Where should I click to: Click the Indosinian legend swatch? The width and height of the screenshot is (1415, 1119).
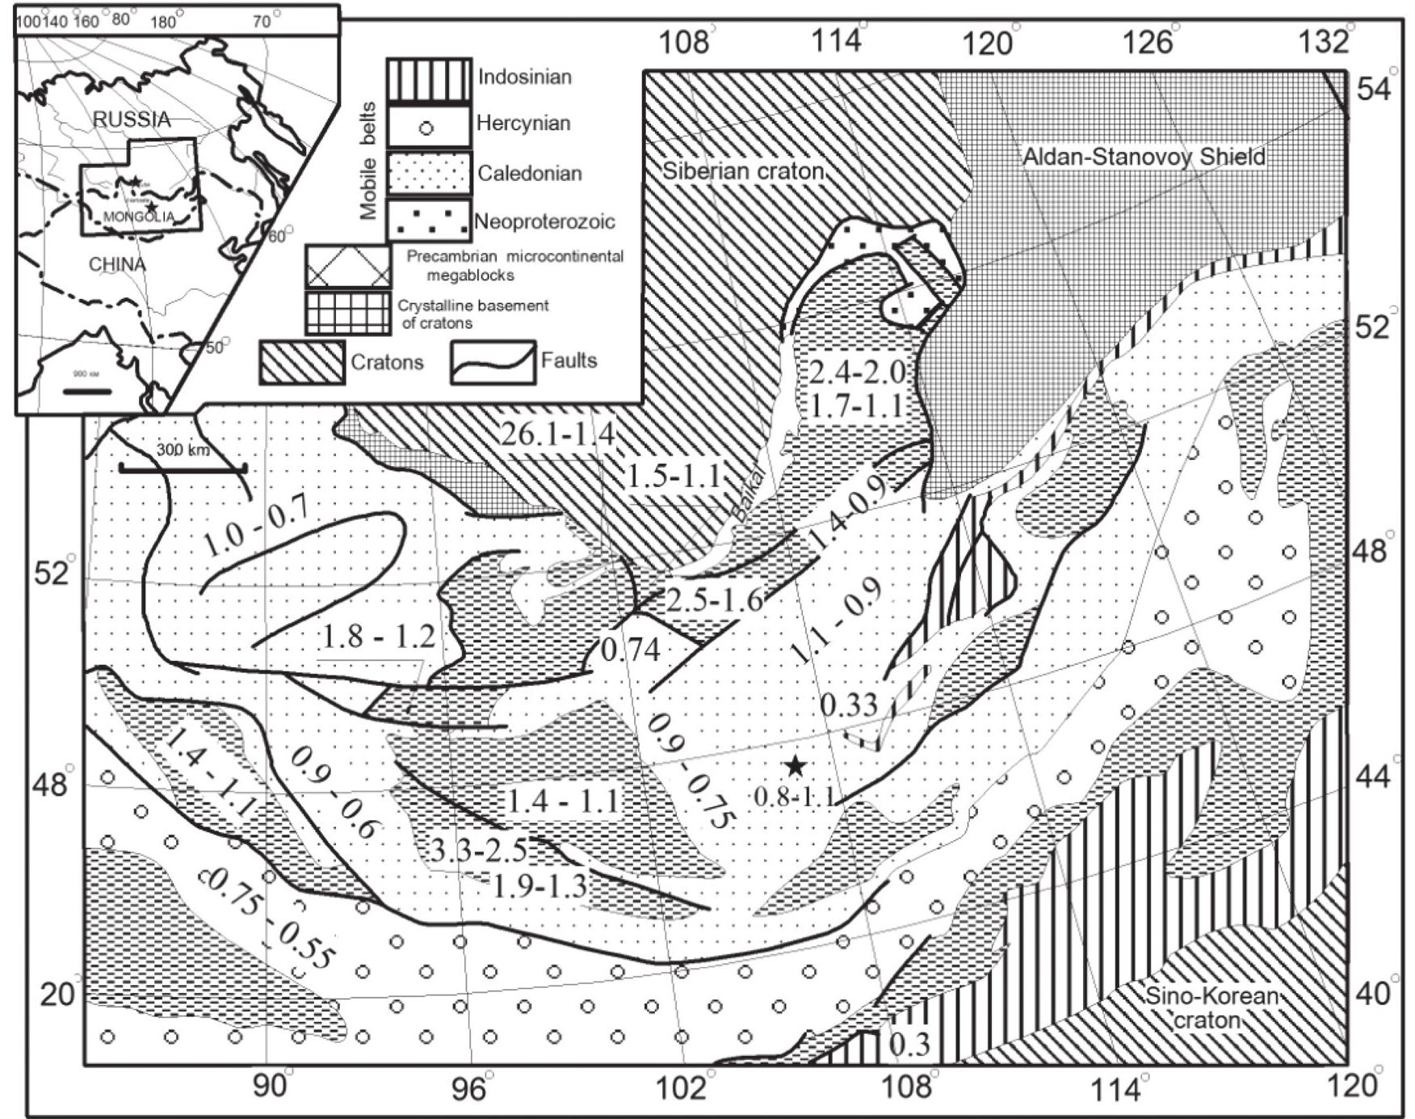click(x=428, y=79)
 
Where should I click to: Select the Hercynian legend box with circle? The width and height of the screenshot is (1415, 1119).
click(x=428, y=126)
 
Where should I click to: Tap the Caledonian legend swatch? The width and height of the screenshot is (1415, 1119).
click(x=428, y=173)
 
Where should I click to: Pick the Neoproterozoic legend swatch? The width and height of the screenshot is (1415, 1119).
click(x=428, y=220)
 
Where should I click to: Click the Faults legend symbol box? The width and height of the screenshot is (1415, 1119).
click(x=493, y=361)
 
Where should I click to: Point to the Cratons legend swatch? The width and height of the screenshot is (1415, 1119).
click(x=302, y=361)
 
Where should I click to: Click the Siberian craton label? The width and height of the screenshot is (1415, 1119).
click(x=743, y=170)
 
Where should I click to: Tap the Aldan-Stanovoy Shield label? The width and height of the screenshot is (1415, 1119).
click(x=1144, y=157)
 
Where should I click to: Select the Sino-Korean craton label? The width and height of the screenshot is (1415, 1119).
click(x=1211, y=1008)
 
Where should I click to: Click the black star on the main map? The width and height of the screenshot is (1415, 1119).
click(x=796, y=765)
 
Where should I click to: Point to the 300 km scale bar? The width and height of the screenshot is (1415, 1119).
click(x=183, y=467)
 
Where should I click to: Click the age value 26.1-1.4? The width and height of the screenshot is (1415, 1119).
click(x=556, y=435)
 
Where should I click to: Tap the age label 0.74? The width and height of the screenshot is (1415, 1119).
click(x=632, y=649)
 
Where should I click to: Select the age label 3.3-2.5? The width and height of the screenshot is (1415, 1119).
click(x=477, y=851)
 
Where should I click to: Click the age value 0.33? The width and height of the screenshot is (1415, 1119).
click(x=849, y=705)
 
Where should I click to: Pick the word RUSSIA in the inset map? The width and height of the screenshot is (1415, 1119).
click(x=132, y=120)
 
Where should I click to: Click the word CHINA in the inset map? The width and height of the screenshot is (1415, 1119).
click(x=117, y=264)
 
